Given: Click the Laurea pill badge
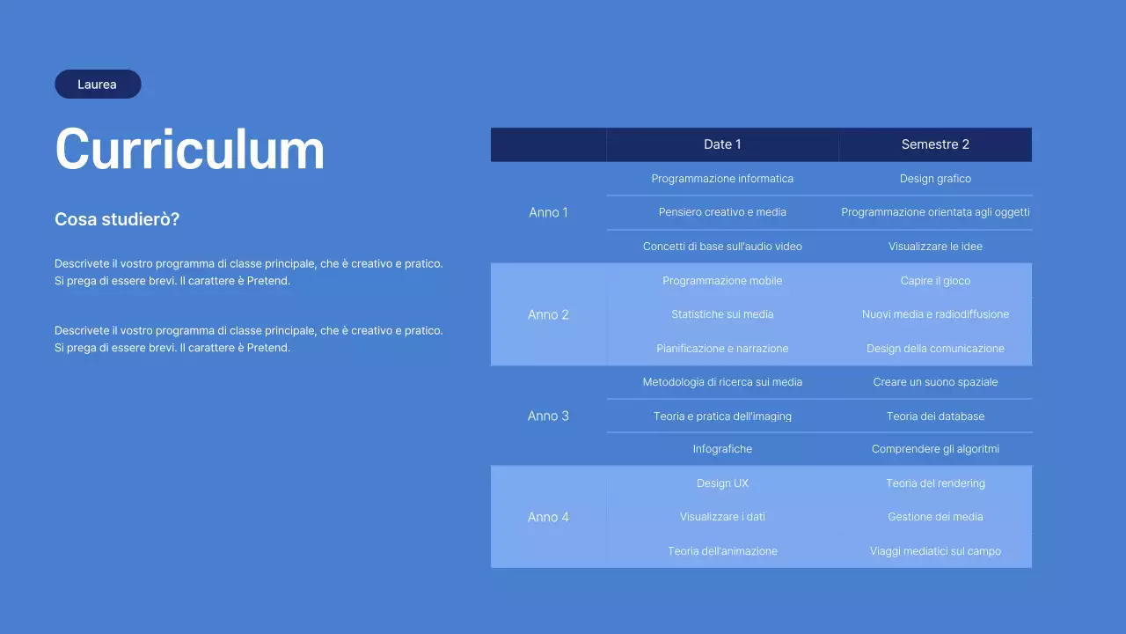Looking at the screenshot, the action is coord(98,84).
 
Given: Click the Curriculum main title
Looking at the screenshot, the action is coord(189,149).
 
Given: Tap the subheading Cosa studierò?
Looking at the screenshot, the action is coord(117,219).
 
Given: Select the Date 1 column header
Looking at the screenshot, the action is coord(722,144).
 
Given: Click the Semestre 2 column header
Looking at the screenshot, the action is coord(935,144).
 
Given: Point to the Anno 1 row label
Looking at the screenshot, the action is coord(548,212).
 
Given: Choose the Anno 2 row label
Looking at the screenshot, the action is coord(548,314).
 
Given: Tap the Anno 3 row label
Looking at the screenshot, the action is coord(548,416).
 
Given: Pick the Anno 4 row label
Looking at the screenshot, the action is coord(548,517).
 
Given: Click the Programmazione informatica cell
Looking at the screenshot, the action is coord(722,179).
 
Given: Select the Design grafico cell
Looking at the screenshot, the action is coord(935,179).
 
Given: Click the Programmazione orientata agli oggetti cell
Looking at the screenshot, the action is coord(935,212).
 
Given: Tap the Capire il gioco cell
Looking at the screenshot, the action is coord(935,281).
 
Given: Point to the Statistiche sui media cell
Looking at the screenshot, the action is coord(722,314).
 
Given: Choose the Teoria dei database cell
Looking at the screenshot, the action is coord(935,417).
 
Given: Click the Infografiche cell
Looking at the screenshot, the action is coord(722,449).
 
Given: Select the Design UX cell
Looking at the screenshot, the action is coord(722,483).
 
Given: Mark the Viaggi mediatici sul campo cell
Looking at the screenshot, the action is coord(935,551).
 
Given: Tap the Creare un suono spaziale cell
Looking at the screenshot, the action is coord(935,382).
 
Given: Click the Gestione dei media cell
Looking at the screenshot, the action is coord(935,517).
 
